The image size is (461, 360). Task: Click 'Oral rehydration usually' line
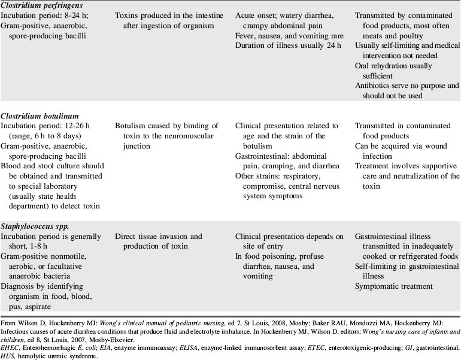tap(393, 66)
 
